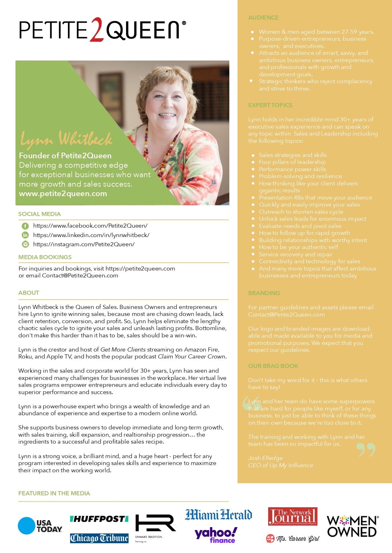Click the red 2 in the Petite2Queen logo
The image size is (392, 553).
click(96, 30)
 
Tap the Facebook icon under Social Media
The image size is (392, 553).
click(25, 226)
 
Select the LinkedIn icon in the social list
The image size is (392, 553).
click(25, 235)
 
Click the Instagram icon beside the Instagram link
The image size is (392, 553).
click(25, 244)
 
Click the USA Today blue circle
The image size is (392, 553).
click(26, 526)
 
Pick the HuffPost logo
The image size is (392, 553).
click(99, 519)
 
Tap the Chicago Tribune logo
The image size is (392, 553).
click(99, 538)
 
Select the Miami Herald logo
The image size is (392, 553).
click(218, 515)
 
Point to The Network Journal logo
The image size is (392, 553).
click(292, 516)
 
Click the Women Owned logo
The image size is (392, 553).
click(352, 526)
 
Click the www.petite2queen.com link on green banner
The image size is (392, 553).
click(63, 194)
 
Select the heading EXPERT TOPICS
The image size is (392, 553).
click(270, 105)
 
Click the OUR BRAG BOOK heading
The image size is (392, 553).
click(273, 366)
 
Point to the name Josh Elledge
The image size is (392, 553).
click(265, 458)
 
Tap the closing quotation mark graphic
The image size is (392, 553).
click(366, 450)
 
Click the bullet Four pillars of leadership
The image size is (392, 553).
click(292, 162)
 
